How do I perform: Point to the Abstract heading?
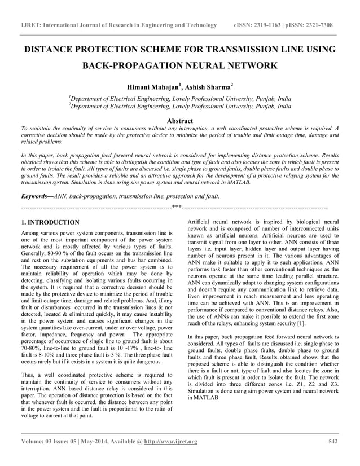pos(180,121)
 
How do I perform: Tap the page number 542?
pos(333,441)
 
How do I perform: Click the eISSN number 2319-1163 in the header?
pos(267,25)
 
